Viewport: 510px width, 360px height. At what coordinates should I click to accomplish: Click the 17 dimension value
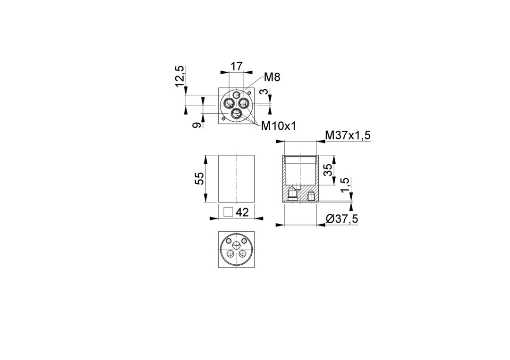[x=237, y=66]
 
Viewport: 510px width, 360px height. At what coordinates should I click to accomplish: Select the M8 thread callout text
[x=272, y=77]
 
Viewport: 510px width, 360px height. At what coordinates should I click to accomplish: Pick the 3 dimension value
[x=266, y=92]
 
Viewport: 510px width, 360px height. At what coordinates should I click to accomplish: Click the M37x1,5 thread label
[x=348, y=135]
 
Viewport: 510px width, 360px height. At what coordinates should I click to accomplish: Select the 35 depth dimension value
[x=329, y=169]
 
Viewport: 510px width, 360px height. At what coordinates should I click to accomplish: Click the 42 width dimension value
[x=242, y=212]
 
